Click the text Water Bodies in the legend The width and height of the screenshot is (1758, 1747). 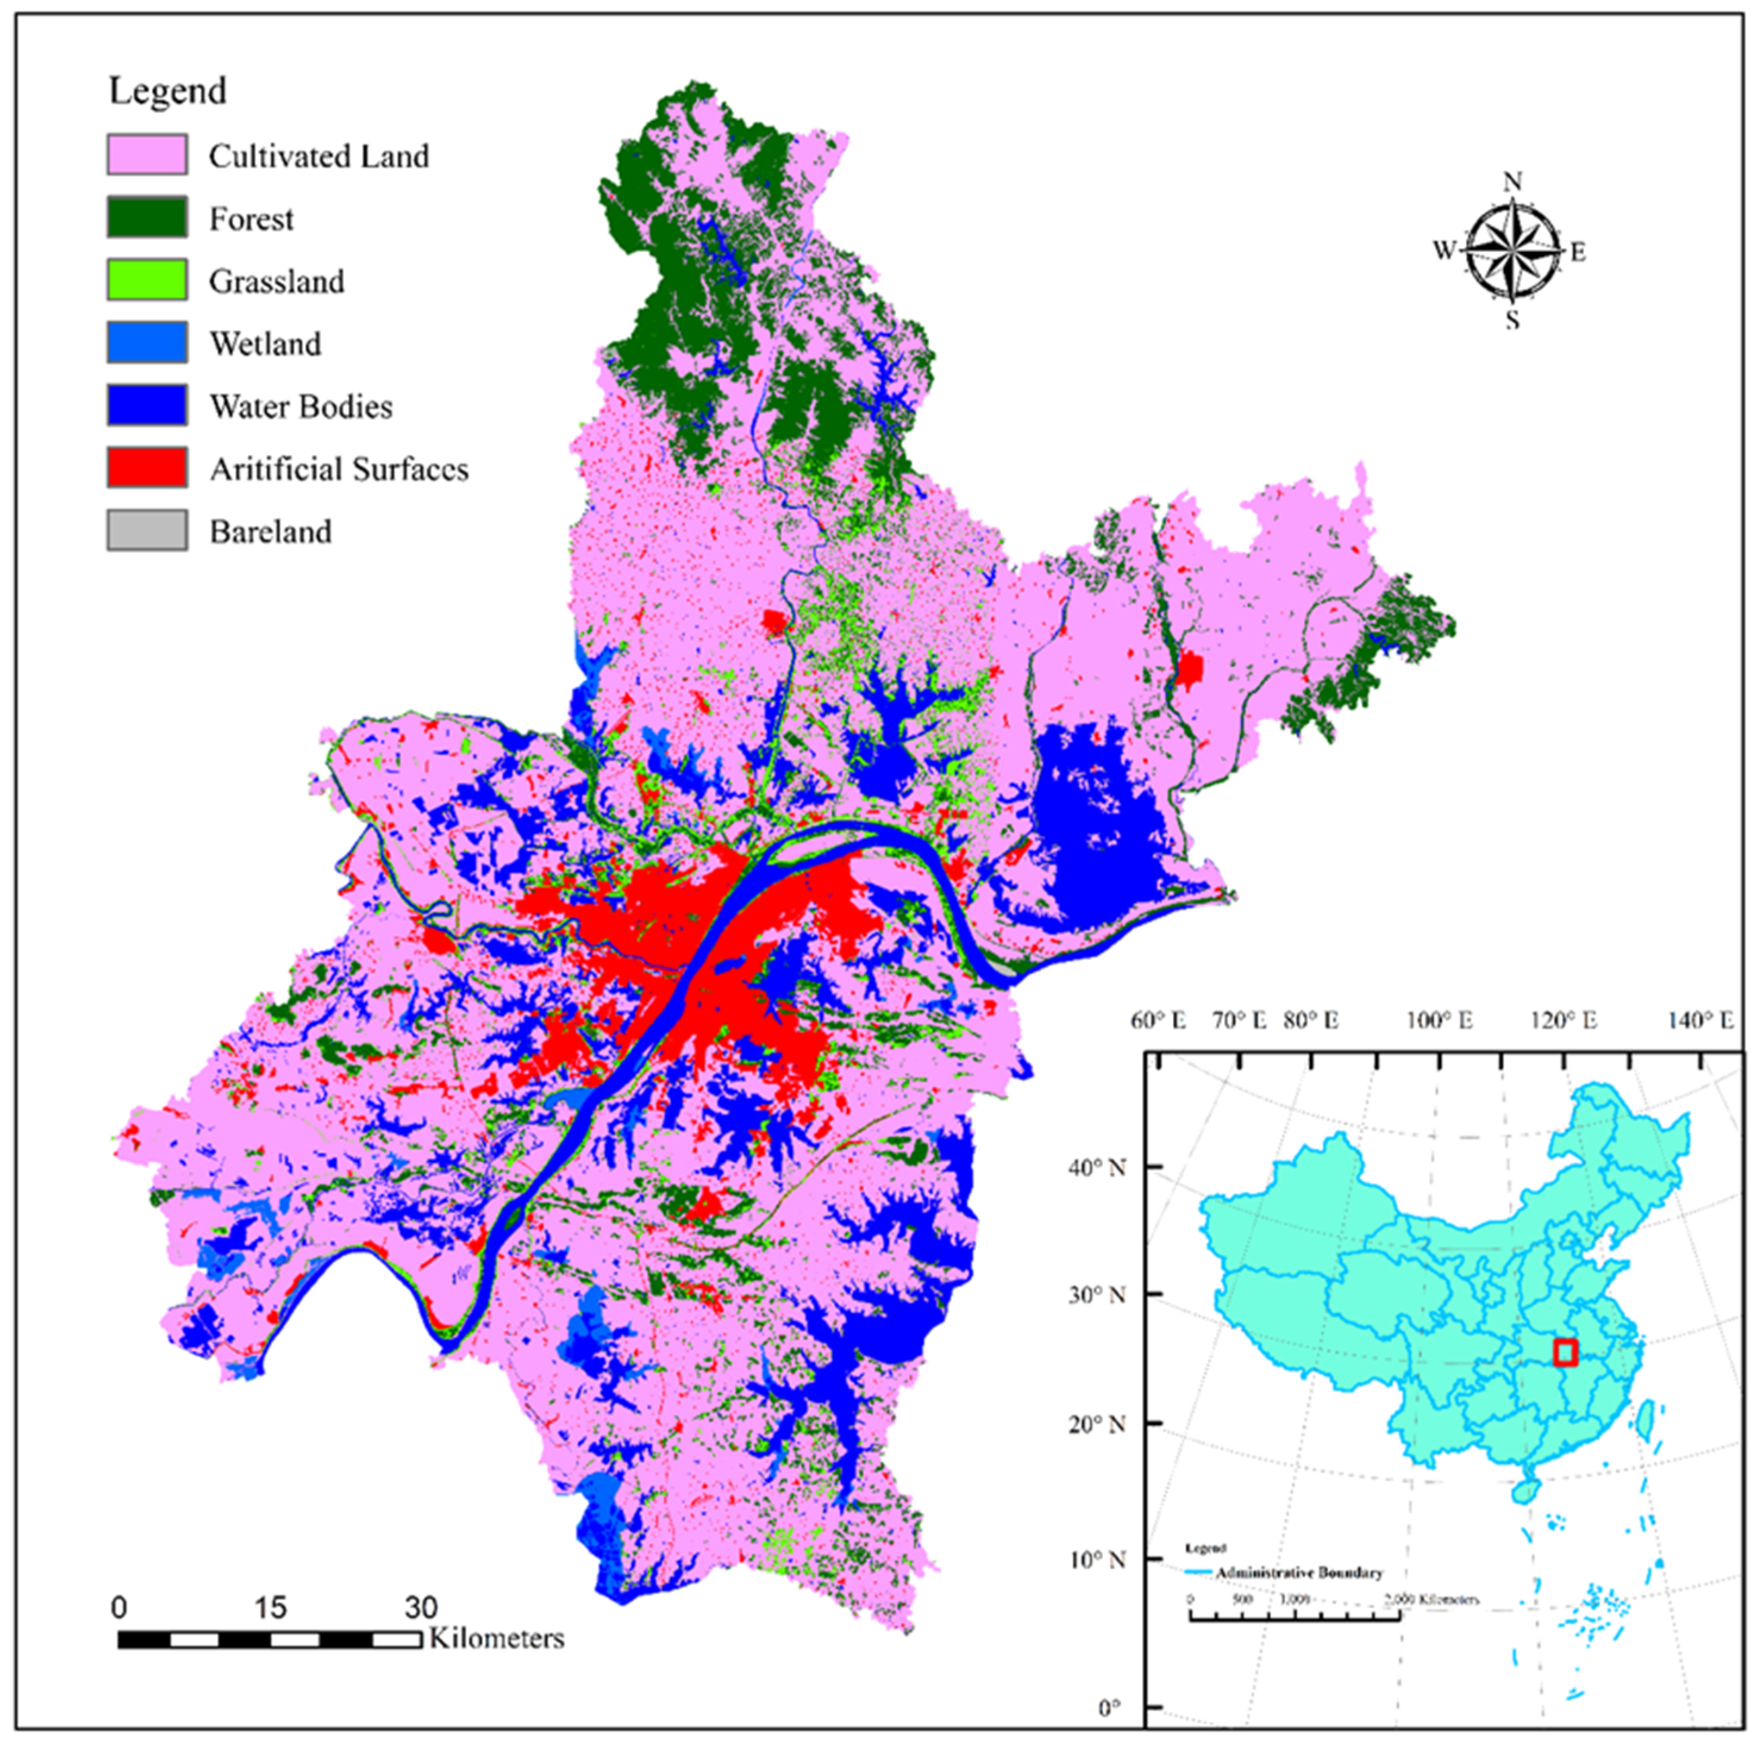[x=301, y=407]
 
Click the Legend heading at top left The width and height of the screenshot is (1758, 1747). [x=167, y=91]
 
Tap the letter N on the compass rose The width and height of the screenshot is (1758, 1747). [x=1512, y=182]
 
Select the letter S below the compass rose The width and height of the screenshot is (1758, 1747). [x=1512, y=320]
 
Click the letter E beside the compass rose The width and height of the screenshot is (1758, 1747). [x=1579, y=252]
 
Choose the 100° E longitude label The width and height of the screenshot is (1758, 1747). [x=1440, y=1021]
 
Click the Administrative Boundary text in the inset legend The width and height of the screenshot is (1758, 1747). [x=1299, y=1572]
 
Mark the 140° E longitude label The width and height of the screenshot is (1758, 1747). [x=1700, y=1021]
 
